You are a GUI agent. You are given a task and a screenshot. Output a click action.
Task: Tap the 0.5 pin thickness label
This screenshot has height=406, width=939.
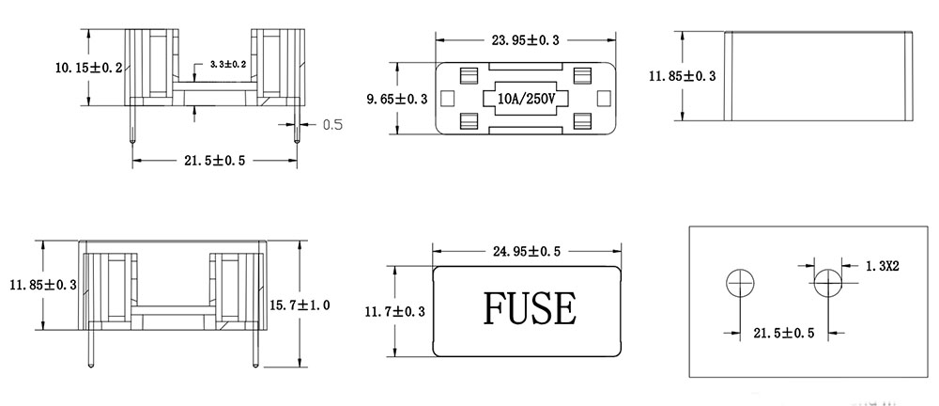(x=332, y=124)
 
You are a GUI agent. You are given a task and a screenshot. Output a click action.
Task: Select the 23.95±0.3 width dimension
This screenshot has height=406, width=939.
(x=524, y=40)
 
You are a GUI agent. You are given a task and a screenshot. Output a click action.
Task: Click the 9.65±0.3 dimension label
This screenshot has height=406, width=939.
(x=397, y=99)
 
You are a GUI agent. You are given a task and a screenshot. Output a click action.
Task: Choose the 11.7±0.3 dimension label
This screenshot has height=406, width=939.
(x=397, y=310)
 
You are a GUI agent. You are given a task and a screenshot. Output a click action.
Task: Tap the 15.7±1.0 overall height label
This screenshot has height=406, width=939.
(x=300, y=304)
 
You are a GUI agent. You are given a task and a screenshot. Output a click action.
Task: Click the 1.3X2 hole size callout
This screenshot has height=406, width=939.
(x=883, y=267)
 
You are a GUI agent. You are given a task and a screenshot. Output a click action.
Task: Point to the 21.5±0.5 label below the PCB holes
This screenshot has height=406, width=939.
(x=784, y=333)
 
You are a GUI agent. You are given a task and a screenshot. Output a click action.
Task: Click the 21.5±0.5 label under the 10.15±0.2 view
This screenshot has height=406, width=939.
(x=213, y=161)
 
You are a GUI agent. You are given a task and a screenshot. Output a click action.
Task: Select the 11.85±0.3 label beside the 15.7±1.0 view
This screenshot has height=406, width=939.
(x=42, y=284)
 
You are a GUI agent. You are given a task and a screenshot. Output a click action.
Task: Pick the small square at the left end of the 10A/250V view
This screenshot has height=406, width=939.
(x=447, y=97)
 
